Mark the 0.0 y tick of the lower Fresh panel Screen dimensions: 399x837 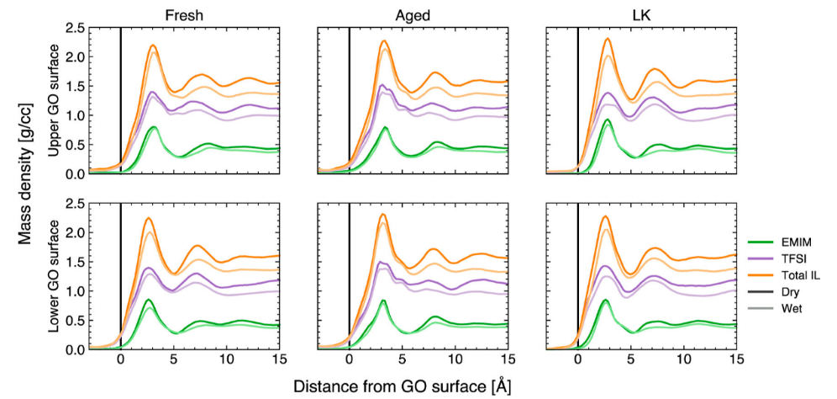[x=74, y=348]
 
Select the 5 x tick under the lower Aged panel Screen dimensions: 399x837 [x=402, y=360]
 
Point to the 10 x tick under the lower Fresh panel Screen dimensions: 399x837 [x=226, y=360]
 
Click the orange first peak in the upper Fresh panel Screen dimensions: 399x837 [x=154, y=45]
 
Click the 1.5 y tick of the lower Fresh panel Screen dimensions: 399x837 [x=74, y=261]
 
